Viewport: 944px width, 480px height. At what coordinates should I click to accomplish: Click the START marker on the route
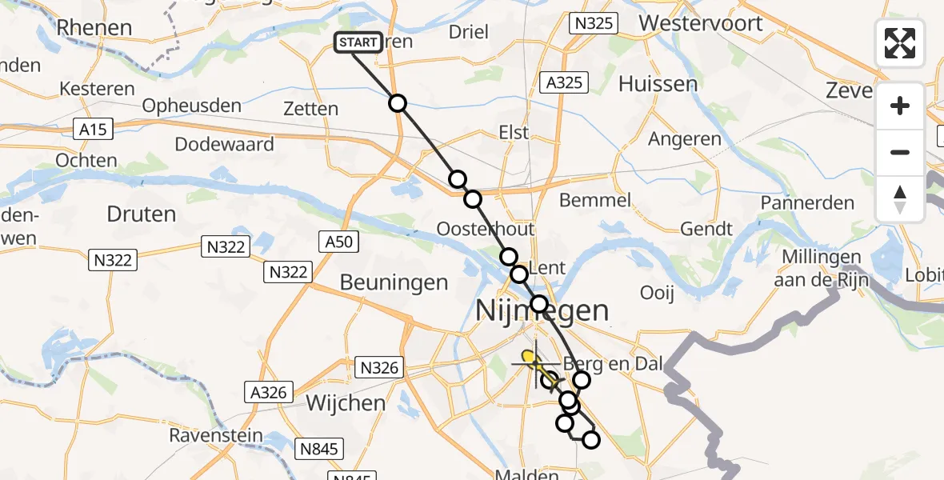pos(358,42)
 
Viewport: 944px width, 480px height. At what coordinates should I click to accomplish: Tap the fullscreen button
pos(900,43)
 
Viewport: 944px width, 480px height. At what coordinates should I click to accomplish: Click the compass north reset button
pos(900,199)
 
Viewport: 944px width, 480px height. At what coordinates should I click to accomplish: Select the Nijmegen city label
pos(542,310)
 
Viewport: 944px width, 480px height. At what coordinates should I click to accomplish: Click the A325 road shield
pos(564,82)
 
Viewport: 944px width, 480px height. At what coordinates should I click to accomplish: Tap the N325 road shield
pos(594,23)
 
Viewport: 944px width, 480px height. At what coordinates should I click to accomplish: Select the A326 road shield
pos(268,393)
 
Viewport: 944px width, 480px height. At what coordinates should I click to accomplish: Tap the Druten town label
pos(141,214)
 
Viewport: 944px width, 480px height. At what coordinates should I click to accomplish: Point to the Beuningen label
pos(394,282)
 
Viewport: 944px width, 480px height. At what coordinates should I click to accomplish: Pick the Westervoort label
pos(701,22)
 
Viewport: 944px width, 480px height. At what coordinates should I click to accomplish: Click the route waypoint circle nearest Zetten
pos(398,103)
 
